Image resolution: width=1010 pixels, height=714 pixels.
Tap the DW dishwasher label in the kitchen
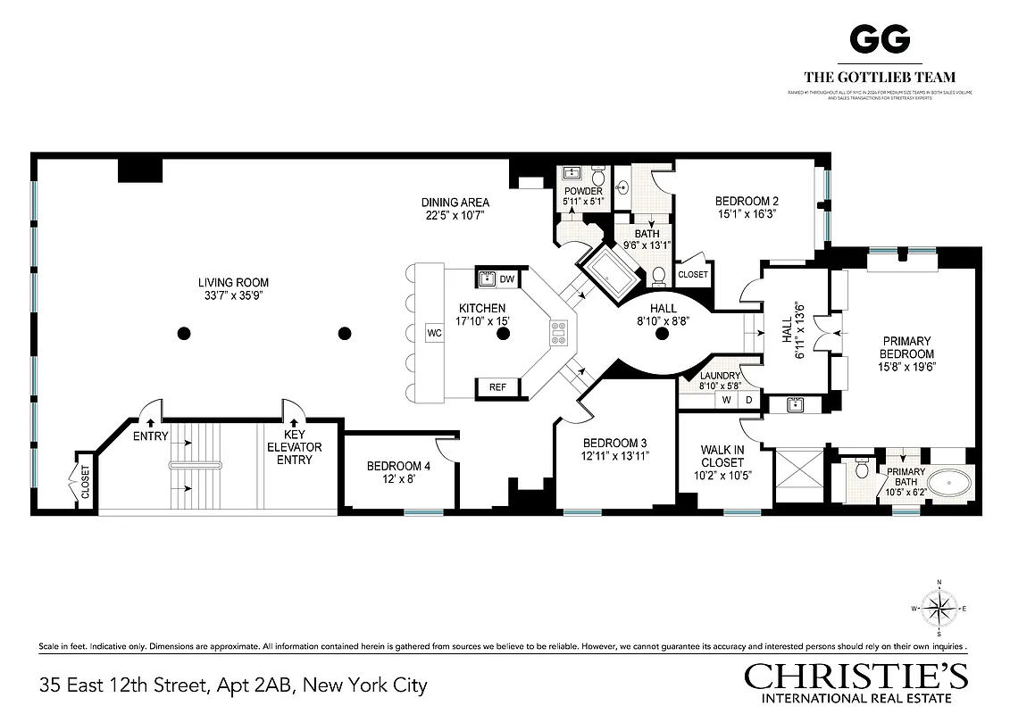506,279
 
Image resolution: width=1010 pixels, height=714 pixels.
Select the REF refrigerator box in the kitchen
497,386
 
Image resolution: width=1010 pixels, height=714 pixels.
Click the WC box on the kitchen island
435,333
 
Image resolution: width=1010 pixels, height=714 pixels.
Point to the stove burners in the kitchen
560,333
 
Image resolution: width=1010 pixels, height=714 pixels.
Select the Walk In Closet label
722,456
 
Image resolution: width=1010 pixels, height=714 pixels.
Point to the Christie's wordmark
856,676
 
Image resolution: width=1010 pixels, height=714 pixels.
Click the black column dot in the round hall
662,334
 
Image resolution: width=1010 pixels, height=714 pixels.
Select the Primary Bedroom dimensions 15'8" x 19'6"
906,366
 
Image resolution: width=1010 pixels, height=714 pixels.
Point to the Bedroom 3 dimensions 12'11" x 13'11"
614,455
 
